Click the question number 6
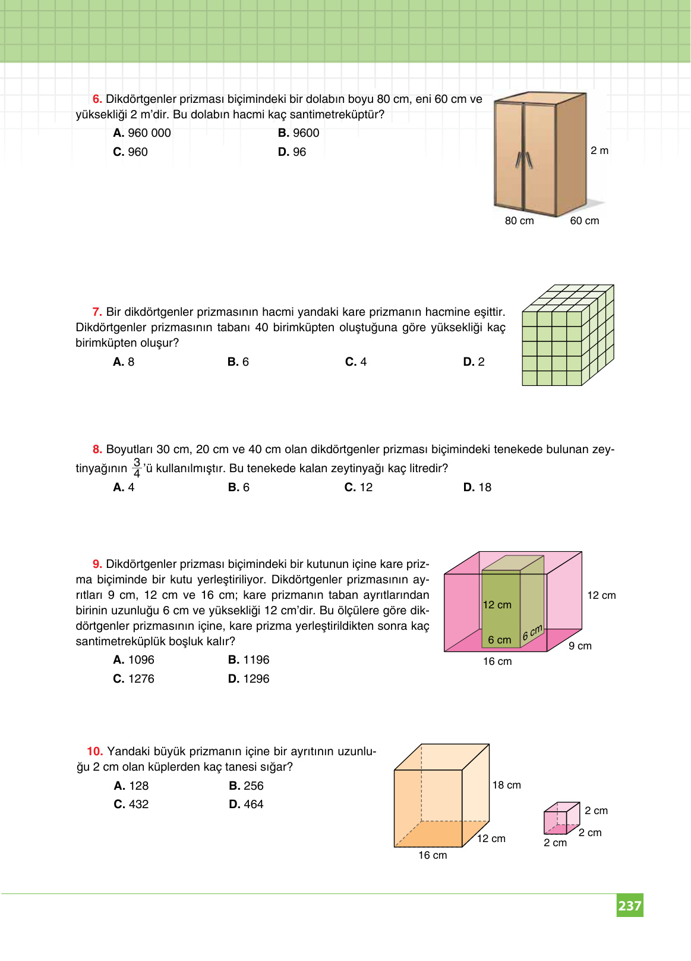(x=97, y=99)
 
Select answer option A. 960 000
(x=142, y=133)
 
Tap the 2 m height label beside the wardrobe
(x=600, y=150)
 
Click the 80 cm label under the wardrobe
(x=519, y=221)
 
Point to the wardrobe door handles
(x=523, y=160)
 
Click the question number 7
(x=97, y=312)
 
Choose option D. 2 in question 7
(x=474, y=362)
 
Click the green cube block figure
(x=567, y=335)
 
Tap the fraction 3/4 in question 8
(x=137, y=468)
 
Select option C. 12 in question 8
(x=358, y=488)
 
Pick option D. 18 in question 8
(x=477, y=488)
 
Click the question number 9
(x=97, y=564)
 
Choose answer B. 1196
(x=248, y=660)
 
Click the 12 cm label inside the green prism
(x=497, y=605)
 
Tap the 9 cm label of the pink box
(x=580, y=646)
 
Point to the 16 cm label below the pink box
(x=497, y=661)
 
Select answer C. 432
(x=131, y=805)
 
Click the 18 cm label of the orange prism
(x=506, y=785)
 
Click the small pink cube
(x=561, y=818)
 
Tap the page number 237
(x=630, y=906)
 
